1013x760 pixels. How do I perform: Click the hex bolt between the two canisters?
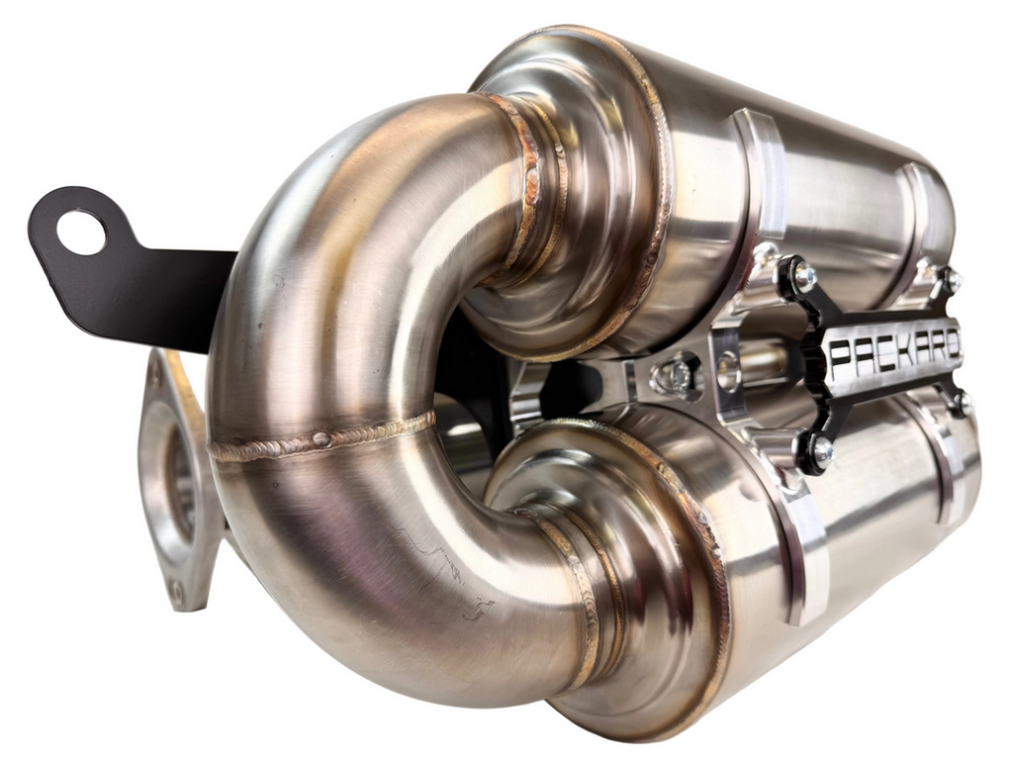[x=677, y=375]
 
